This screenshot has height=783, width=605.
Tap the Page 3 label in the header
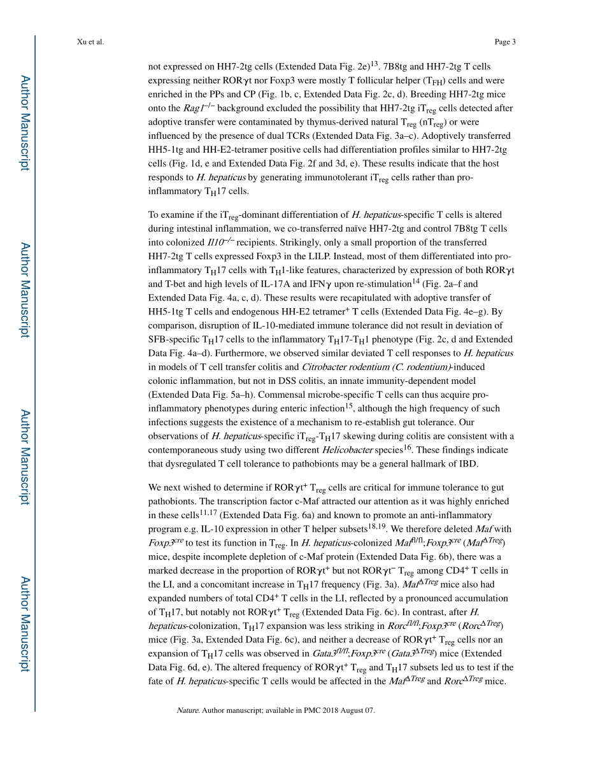point(504,42)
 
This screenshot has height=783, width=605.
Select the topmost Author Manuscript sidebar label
point(24,123)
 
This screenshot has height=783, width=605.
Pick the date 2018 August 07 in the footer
point(346,710)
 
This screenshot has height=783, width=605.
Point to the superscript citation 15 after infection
point(349,406)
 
